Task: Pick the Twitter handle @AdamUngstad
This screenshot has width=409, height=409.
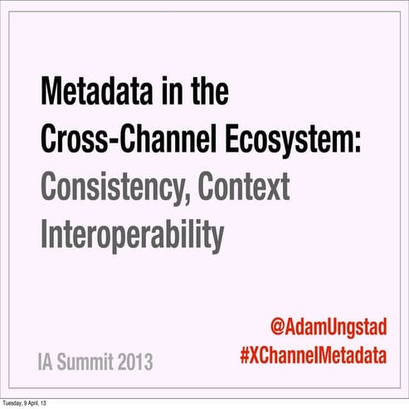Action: [x=329, y=327]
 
